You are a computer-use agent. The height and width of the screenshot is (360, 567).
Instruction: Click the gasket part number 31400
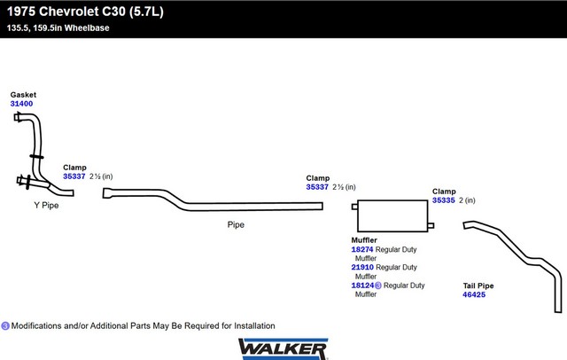click(x=21, y=104)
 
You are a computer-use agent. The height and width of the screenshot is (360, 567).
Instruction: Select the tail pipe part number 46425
click(x=474, y=294)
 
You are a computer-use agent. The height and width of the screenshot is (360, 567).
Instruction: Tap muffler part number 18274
click(x=362, y=249)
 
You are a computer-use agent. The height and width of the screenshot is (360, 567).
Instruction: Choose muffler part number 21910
click(x=362, y=267)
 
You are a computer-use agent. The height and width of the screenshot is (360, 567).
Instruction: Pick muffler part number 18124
click(x=362, y=286)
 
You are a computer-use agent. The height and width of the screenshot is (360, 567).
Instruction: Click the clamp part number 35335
click(x=444, y=200)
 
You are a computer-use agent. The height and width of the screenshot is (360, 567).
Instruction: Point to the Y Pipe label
click(x=46, y=205)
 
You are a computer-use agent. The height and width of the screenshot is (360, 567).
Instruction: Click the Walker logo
click(x=283, y=348)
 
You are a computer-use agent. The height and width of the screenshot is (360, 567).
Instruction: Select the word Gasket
click(x=23, y=95)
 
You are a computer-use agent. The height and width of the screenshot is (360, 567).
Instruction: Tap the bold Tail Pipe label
click(x=478, y=286)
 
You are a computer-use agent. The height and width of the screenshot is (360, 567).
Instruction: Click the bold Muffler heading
click(x=364, y=240)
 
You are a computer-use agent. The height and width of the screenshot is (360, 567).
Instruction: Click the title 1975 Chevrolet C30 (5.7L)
click(x=85, y=12)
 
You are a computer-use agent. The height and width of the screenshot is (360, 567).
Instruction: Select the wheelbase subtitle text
click(x=58, y=27)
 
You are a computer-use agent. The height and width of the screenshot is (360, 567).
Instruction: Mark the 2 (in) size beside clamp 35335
click(x=467, y=200)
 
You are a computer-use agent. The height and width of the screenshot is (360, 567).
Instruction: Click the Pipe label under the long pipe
click(x=236, y=224)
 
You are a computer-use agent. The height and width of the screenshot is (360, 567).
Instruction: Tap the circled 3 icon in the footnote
click(x=5, y=326)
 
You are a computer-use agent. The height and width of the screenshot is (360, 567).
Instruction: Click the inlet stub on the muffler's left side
click(x=354, y=207)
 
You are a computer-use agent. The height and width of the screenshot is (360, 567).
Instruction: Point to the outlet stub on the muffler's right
click(x=431, y=226)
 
